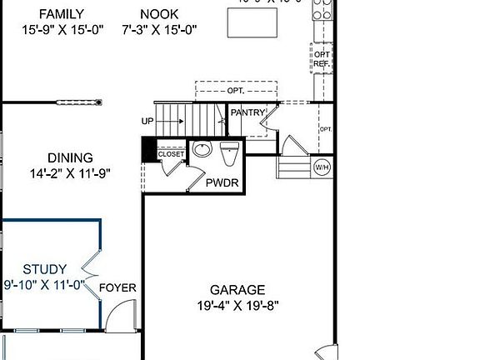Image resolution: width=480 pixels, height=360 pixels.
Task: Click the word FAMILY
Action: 52,14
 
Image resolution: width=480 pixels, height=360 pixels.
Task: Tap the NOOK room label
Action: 159,14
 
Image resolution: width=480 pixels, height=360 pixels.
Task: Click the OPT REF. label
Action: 322,57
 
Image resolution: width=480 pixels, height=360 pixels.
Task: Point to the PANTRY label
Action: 247,112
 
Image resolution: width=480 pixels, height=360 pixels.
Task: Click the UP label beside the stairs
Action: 147,122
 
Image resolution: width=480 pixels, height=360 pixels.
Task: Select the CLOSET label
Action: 171,154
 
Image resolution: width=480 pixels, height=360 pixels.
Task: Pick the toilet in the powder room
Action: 230,152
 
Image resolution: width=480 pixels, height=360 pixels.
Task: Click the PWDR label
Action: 222,182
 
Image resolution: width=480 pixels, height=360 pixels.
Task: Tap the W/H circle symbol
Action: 322,167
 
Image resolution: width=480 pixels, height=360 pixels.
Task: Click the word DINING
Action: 70,158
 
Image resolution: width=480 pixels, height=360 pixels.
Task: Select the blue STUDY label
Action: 44,269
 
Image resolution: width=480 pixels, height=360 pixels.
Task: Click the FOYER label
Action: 117,288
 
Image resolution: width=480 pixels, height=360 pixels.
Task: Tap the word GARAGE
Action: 237,290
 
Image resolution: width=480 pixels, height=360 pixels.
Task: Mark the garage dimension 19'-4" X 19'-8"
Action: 237,305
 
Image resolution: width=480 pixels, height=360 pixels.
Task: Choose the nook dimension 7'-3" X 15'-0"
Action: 159,29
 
